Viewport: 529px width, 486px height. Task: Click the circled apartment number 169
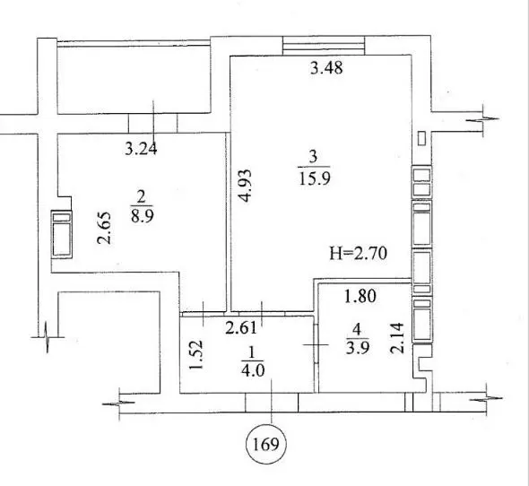pos(266,445)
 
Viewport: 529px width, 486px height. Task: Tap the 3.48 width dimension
pos(326,68)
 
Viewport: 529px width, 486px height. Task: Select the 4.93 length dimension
pos(246,186)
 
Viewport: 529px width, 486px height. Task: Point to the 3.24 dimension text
pos(141,149)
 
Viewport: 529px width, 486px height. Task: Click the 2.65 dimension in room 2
pos(104,228)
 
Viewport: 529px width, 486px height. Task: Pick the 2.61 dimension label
pos(241,327)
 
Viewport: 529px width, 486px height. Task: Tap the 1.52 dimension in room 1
pos(196,354)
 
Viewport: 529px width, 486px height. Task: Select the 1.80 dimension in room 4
pos(360,296)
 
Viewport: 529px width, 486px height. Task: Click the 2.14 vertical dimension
pos(397,338)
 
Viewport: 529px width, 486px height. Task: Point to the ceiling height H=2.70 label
pos(359,253)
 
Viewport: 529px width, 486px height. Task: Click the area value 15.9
pos(315,178)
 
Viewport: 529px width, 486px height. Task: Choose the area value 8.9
pos(143,216)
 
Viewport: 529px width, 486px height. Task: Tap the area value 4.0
pos(253,371)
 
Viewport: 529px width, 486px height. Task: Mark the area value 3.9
pos(357,347)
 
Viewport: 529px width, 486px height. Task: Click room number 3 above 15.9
pos(314,157)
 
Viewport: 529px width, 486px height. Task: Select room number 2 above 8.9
pos(141,196)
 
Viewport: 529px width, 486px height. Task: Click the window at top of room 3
pos(324,45)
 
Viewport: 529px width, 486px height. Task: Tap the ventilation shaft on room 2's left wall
pos(61,235)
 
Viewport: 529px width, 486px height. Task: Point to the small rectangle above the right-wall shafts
pos(421,138)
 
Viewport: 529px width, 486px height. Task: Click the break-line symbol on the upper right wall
pos(483,120)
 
